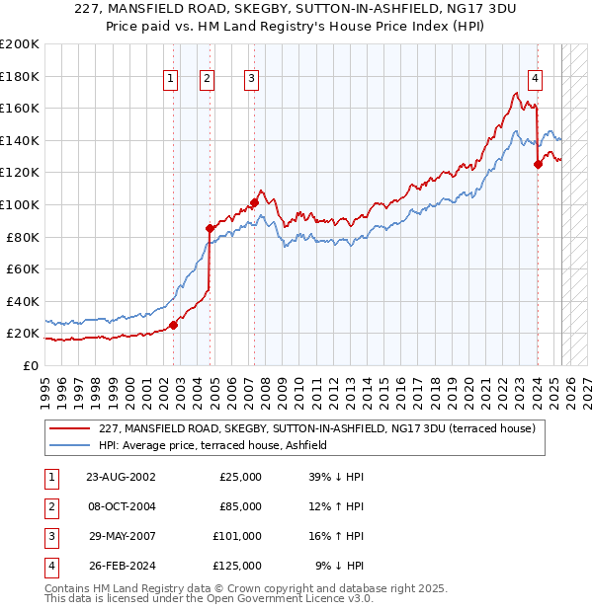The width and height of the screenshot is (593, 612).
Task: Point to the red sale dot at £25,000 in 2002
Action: tap(173, 325)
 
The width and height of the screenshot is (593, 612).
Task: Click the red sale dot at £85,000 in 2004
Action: tap(210, 229)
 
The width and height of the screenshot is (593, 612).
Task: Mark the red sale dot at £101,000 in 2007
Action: tap(254, 203)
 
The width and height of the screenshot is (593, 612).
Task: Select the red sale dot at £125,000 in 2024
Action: tap(538, 165)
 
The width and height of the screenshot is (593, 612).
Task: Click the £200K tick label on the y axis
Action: tap(20, 44)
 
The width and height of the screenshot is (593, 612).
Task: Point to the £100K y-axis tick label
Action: tap(20, 204)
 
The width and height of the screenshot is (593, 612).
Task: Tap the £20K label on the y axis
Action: tap(23, 334)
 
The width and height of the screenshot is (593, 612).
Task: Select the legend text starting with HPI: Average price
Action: tap(212, 445)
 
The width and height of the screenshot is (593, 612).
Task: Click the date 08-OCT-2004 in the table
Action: tap(121, 506)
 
